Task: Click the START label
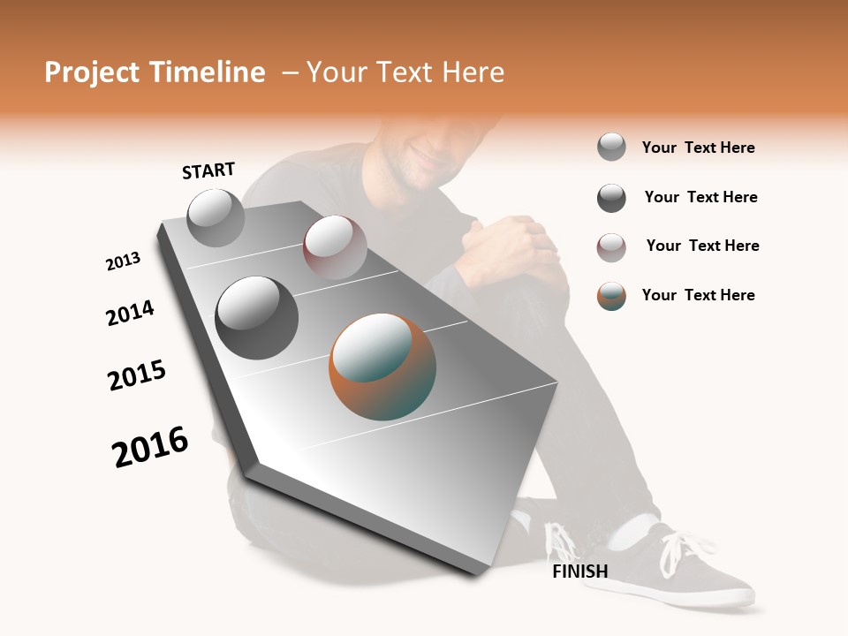pos(208,170)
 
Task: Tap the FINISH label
pos(579,572)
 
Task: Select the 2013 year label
pos(124,261)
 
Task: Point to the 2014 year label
pos(131,313)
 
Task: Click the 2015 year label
pos(137,375)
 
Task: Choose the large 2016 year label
pos(151,447)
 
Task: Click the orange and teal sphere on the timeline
pos(382,367)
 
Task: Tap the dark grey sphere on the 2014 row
pos(257,317)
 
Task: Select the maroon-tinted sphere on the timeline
pos(335,247)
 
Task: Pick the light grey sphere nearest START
pos(216,217)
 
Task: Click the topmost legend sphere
pos(611,147)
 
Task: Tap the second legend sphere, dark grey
pos(611,198)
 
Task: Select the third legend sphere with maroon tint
pos(611,247)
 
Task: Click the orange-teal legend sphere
pos(611,296)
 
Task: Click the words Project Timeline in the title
pos(155,72)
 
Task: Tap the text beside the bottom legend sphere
pos(698,295)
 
